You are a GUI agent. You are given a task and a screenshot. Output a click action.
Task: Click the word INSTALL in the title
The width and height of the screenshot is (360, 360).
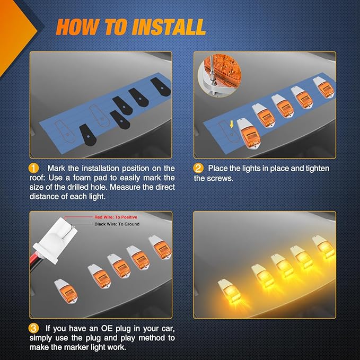tap(169, 27)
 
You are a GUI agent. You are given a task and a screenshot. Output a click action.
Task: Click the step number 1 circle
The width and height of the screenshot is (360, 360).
tap(33, 168)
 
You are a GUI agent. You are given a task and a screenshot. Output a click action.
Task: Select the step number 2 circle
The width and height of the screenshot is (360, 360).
tap(198, 168)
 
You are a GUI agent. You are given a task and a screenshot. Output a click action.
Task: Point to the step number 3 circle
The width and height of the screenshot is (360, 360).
tap(33, 328)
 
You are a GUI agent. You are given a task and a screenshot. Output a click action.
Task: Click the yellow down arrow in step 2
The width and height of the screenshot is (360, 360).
tap(232, 125)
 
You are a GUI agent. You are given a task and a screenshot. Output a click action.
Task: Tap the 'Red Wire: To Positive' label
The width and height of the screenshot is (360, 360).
tap(116, 217)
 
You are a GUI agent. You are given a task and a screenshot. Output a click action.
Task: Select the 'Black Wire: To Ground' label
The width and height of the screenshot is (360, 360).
tap(117, 224)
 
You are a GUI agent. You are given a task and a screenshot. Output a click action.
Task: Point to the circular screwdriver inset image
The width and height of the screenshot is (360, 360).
tap(219, 76)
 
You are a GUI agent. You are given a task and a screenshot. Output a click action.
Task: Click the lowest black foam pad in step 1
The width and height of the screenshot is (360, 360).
tap(87, 135)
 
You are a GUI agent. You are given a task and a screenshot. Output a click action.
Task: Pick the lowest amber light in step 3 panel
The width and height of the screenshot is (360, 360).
tap(66, 291)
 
